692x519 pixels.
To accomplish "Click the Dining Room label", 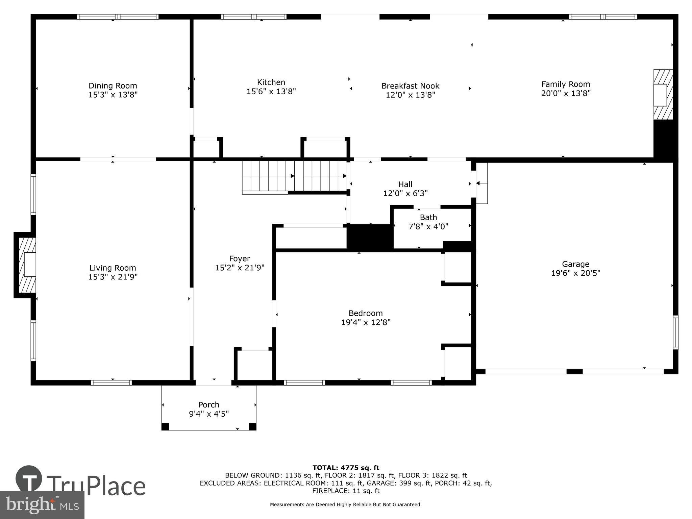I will (x=113, y=86).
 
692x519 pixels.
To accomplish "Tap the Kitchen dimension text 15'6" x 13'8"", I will (x=271, y=92).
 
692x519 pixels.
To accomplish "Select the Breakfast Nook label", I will (x=410, y=86).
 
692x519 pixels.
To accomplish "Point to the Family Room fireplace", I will (x=663, y=94).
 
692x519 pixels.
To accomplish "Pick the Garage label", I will (x=575, y=264).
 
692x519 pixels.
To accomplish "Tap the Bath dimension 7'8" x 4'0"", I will (x=428, y=226).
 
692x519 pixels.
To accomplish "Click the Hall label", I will (x=405, y=184).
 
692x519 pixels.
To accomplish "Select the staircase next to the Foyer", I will (x=294, y=176).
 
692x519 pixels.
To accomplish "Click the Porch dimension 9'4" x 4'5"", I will (x=209, y=414).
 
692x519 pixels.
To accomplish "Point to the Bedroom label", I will (x=366, y=313).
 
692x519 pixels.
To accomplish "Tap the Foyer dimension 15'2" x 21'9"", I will (x=240, y=268).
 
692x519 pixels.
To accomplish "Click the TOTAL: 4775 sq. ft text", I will (x=346, y=468).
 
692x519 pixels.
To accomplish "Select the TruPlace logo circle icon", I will (x=29, y=478).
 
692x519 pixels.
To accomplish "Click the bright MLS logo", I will (x=42, y=505).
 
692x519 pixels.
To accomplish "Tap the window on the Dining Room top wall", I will (x=118, y=17).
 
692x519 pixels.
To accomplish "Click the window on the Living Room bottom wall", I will (x=111, y=382).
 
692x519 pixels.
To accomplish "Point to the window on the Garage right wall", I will (x=675, y=332).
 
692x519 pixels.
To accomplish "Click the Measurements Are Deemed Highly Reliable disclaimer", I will (x=346, y=504).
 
